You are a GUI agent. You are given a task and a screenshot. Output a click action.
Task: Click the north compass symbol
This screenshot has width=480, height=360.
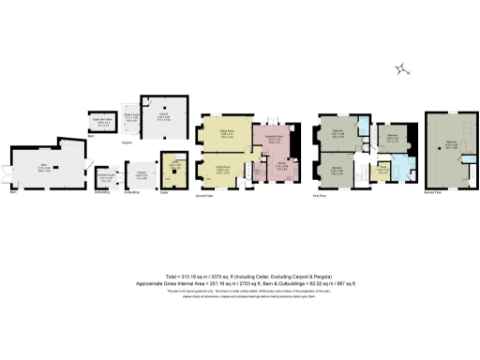[x=401, y=68]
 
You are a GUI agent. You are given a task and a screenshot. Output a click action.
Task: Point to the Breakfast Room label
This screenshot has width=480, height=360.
[x=275, y=138]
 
